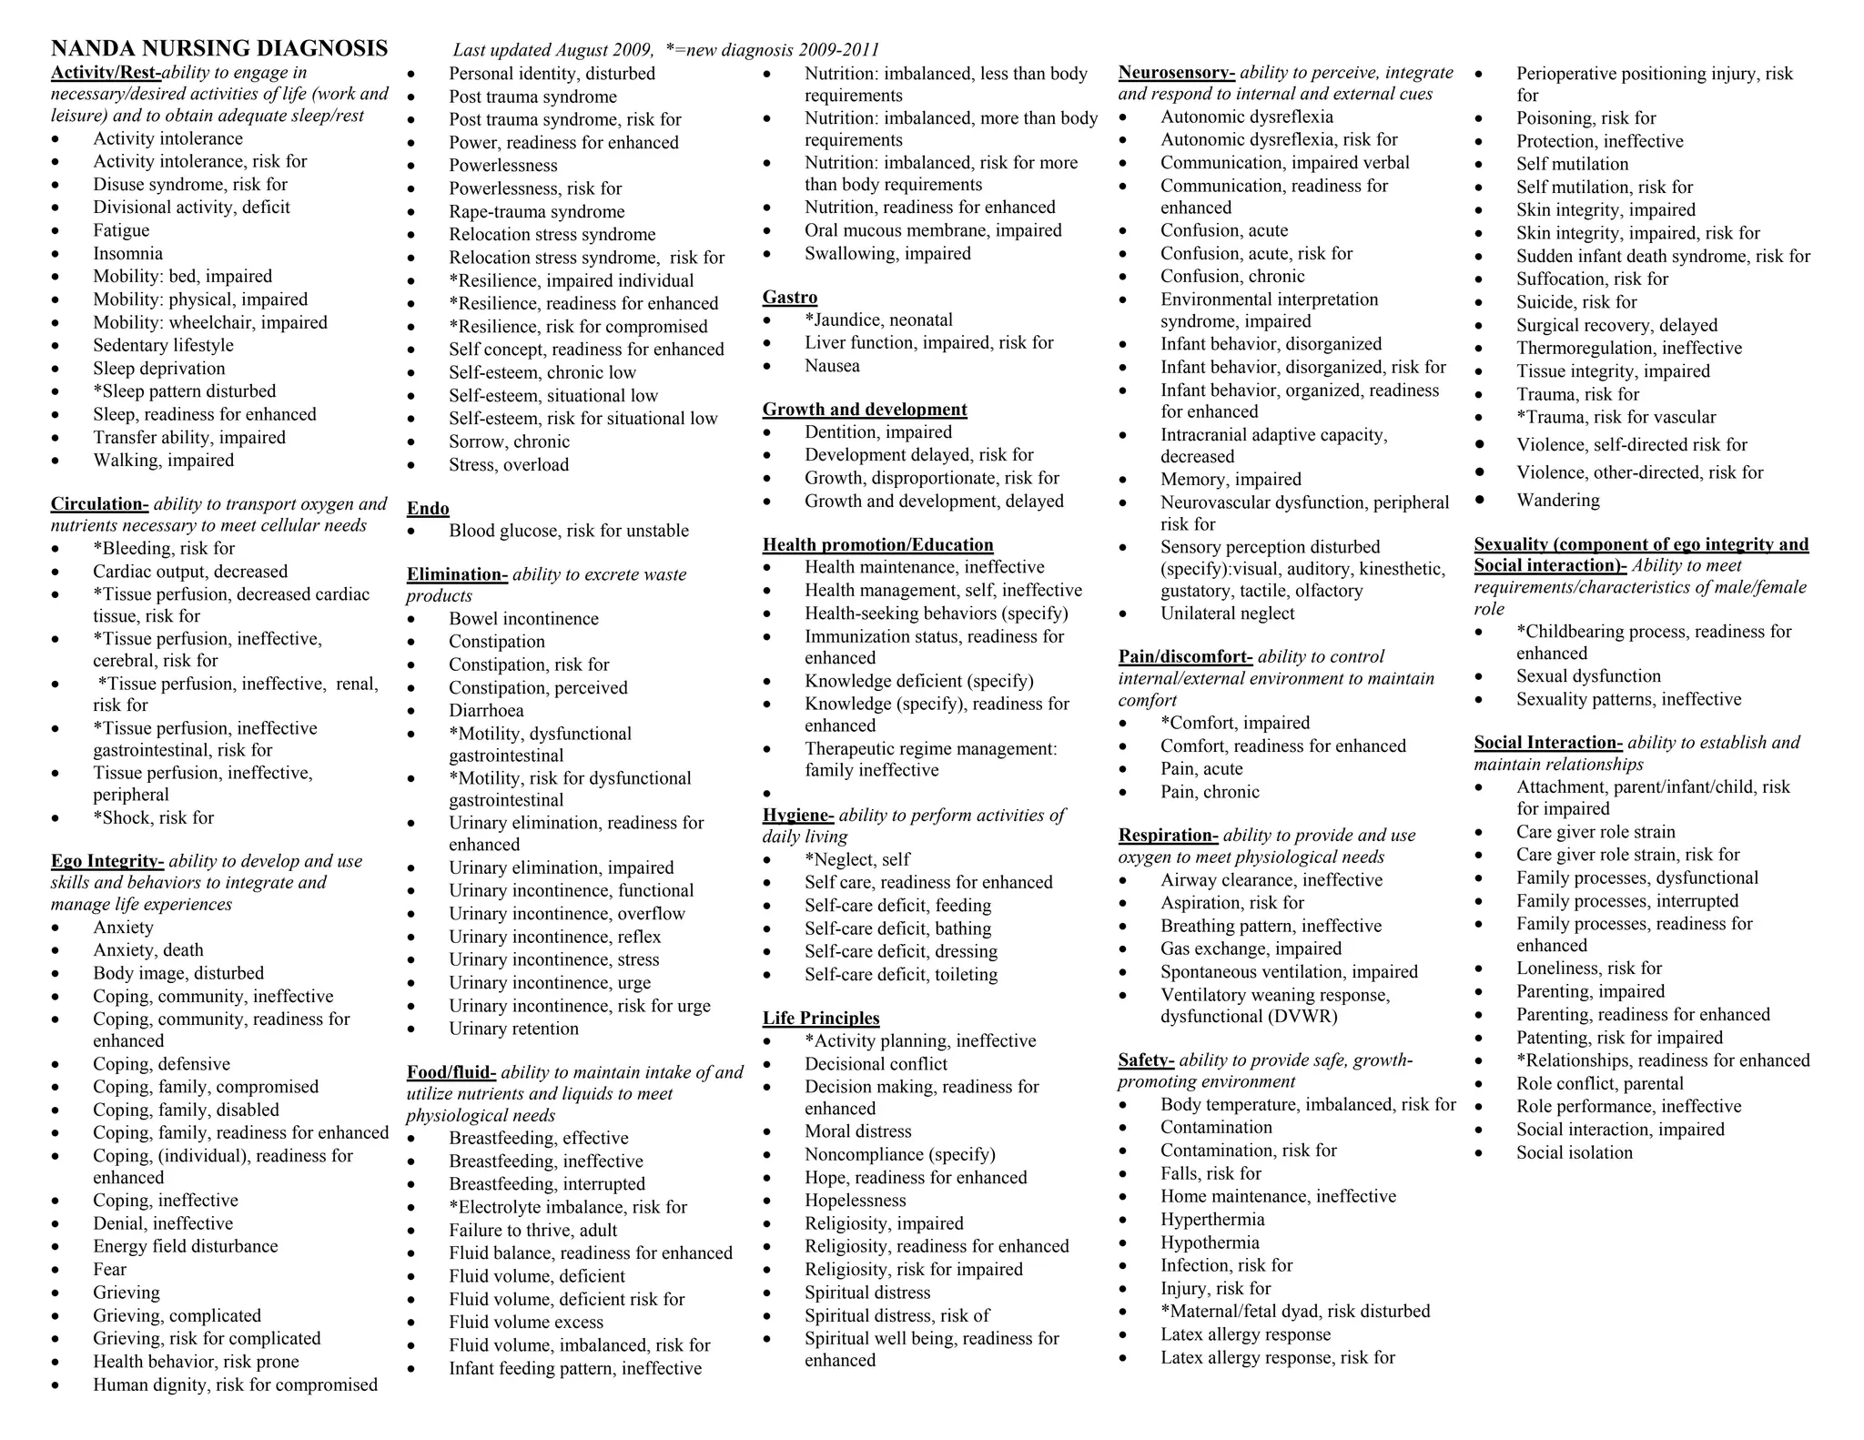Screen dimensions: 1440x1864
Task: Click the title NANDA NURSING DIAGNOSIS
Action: (219, 48)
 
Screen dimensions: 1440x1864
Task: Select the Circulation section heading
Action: (99, 504)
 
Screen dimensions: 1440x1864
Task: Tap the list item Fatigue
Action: (121, 231)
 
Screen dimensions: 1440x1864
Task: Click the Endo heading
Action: (428, 509)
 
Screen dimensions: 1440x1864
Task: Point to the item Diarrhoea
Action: (486, 711)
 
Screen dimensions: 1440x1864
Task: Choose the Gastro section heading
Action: (790, 298)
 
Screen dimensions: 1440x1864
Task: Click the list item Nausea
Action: (832, 366)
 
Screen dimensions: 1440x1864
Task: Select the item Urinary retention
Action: (513, 1029)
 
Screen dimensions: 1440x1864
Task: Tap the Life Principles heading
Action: (821, 1019)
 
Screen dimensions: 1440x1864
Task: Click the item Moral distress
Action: (857, 1131)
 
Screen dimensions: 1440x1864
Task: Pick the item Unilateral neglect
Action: (1227, 614)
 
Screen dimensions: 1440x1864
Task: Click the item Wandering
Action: (1557, 501)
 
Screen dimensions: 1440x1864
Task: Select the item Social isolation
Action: (1574, 1153)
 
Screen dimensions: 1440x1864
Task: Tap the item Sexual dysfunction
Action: (1588, 676)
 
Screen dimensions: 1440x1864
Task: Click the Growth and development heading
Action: (865, 410)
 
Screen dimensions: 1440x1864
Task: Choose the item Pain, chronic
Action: (1210, 792)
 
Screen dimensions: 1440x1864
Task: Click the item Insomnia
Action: (127, 254)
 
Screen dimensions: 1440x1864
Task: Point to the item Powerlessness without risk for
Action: (502, 166)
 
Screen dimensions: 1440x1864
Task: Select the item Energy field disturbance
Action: (185, 1247)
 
